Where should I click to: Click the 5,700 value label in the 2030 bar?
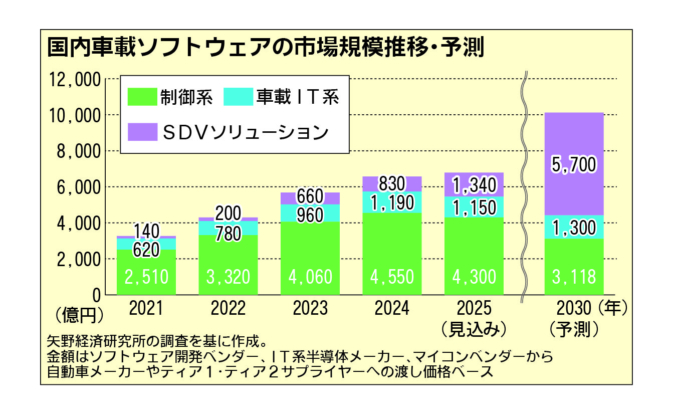(x=574, y=164)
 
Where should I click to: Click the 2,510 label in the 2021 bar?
(x=146, y=277)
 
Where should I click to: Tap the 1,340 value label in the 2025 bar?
(x=475, y=185)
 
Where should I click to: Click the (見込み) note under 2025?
(x=475, y=328)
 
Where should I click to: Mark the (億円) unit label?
(x=80, y=314)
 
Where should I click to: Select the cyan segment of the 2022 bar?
(x=229, y=228)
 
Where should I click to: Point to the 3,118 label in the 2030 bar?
(x=574, y=277)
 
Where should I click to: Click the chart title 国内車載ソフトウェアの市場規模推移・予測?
(x=265, y=48)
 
